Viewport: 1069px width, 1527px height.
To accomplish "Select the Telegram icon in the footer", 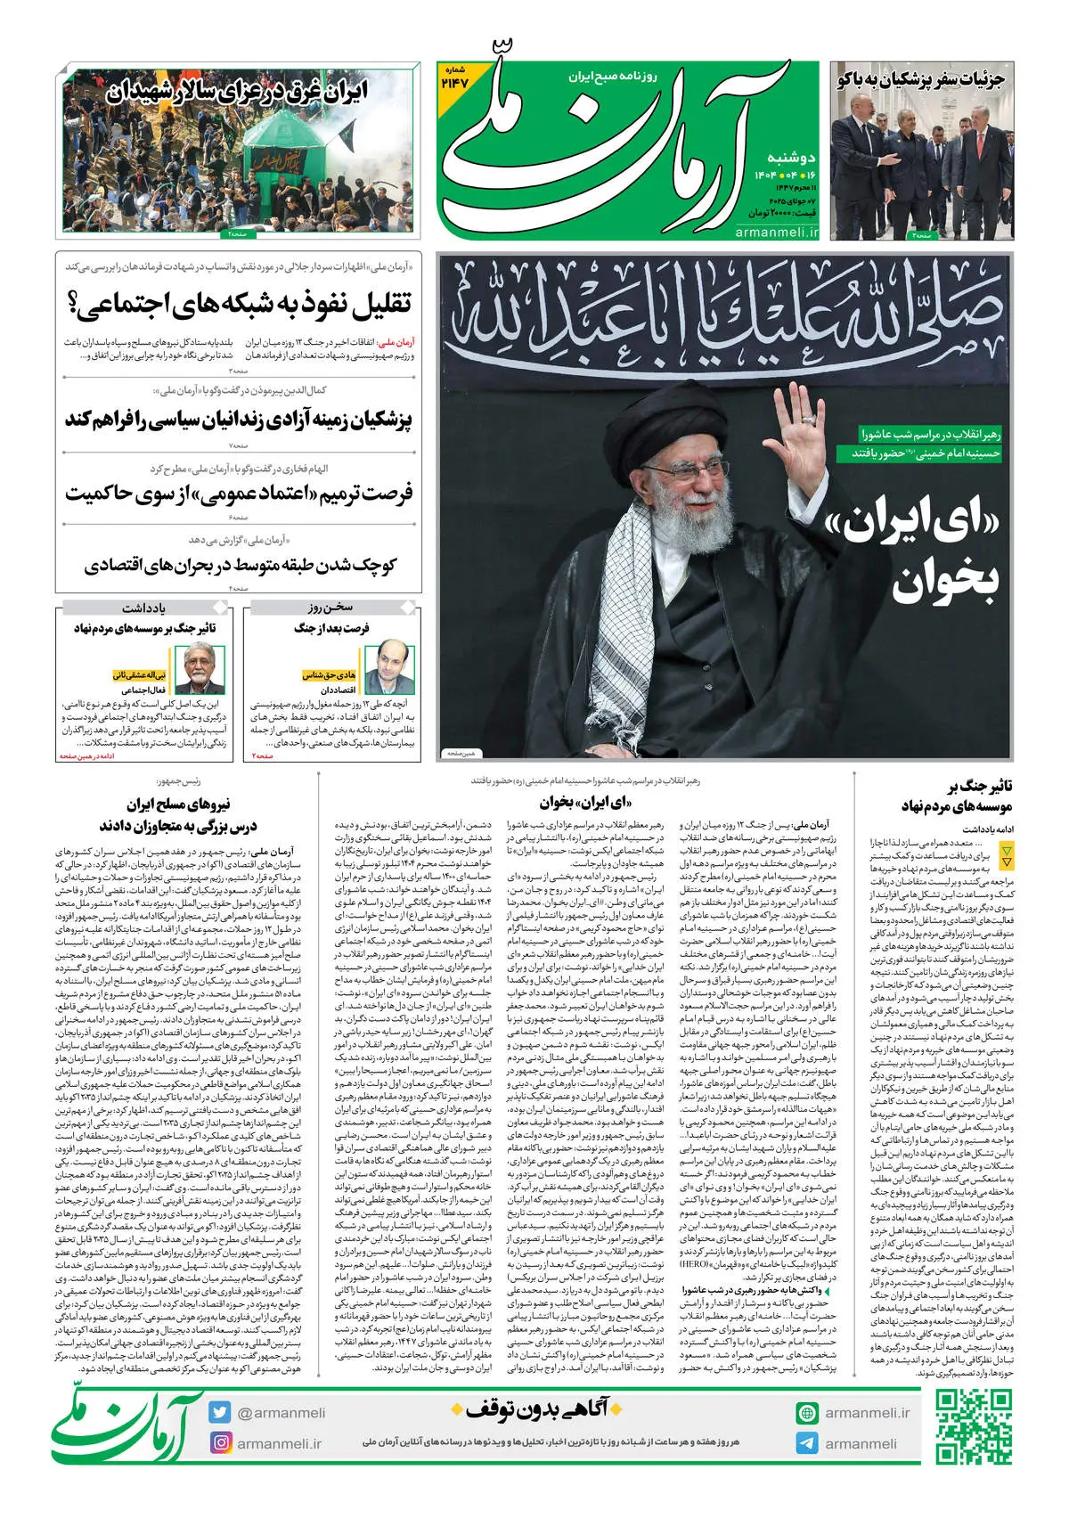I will click(807, 1443).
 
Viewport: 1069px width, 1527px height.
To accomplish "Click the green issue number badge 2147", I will click(454, 78).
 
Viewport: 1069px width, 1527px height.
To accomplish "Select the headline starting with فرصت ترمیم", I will click(239, 493).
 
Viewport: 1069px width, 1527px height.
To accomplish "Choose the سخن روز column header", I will click(330, 608).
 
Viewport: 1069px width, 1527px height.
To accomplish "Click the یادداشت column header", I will click(143, 608).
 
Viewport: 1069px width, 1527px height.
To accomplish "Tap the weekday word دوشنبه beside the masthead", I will click(791, 158).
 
